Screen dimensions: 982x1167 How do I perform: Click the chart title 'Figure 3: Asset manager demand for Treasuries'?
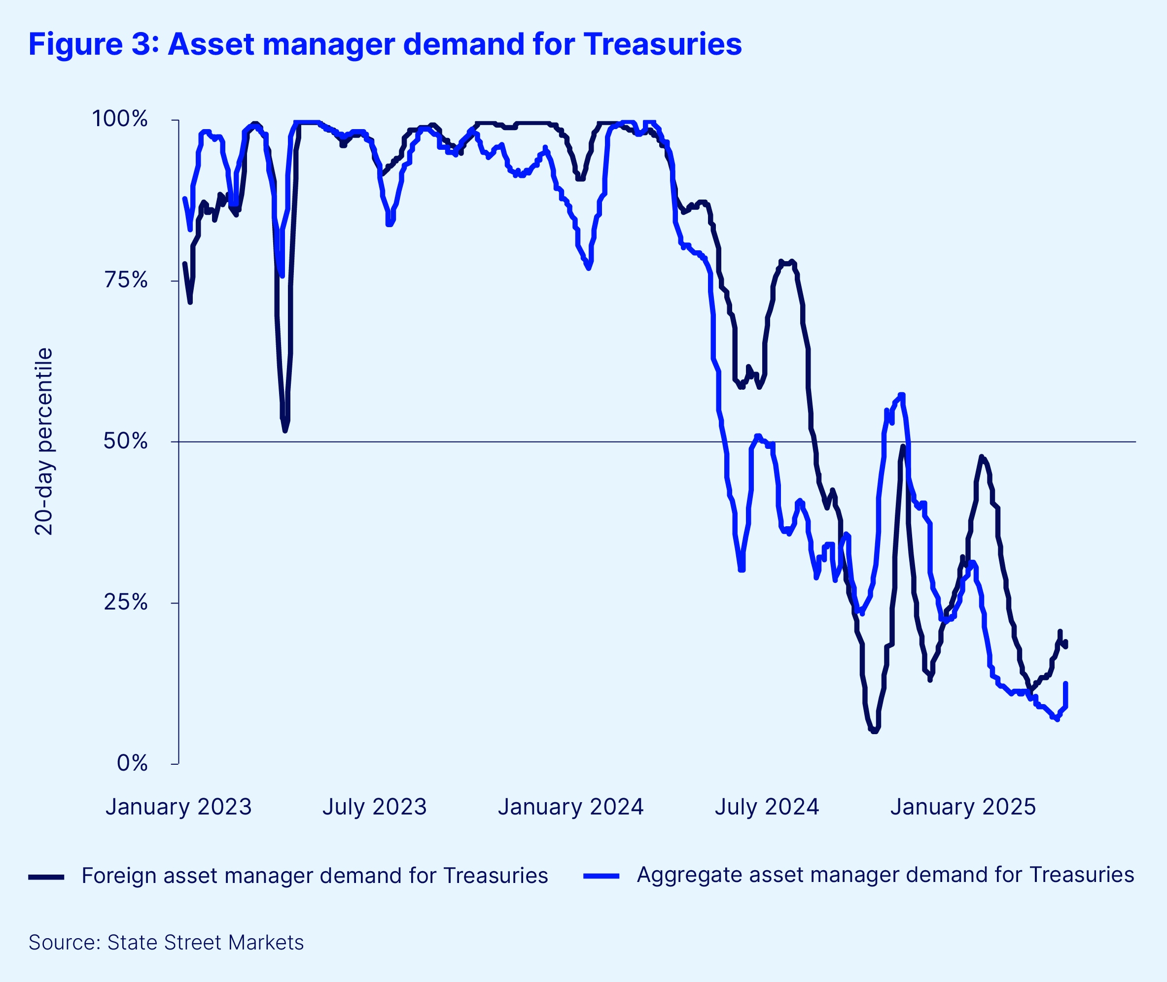pos(385,44)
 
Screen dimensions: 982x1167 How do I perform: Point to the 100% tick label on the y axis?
pos(120,119)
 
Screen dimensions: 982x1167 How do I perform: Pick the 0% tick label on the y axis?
pos(132,763)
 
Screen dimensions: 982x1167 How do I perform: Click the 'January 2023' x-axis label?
pos(179,807)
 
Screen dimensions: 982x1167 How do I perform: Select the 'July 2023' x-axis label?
pos(374,807)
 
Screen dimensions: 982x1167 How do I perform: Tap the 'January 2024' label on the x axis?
pos(570,807)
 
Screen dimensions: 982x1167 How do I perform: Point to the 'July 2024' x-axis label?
pos(767,807)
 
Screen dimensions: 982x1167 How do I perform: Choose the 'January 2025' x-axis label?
pos(962,807)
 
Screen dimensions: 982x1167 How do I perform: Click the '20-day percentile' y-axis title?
pos(43,441)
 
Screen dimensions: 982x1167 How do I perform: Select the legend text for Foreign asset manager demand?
pos(315,876)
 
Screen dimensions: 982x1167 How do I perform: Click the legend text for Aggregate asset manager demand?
pos(885,875)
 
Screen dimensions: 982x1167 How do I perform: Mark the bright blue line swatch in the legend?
pos(601,876)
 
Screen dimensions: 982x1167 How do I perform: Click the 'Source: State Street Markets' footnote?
pos(166,943)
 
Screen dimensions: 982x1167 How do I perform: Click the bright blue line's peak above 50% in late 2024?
pos(901,395)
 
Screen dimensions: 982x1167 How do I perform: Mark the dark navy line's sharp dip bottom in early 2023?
pos(285,430)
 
